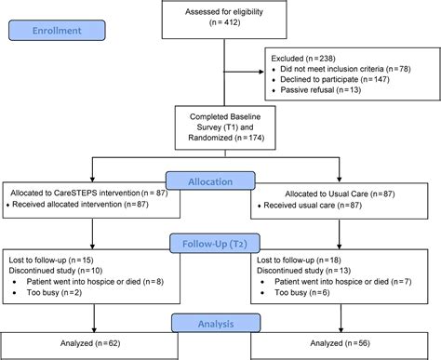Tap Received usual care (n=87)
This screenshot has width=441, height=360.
click(314, 204)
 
